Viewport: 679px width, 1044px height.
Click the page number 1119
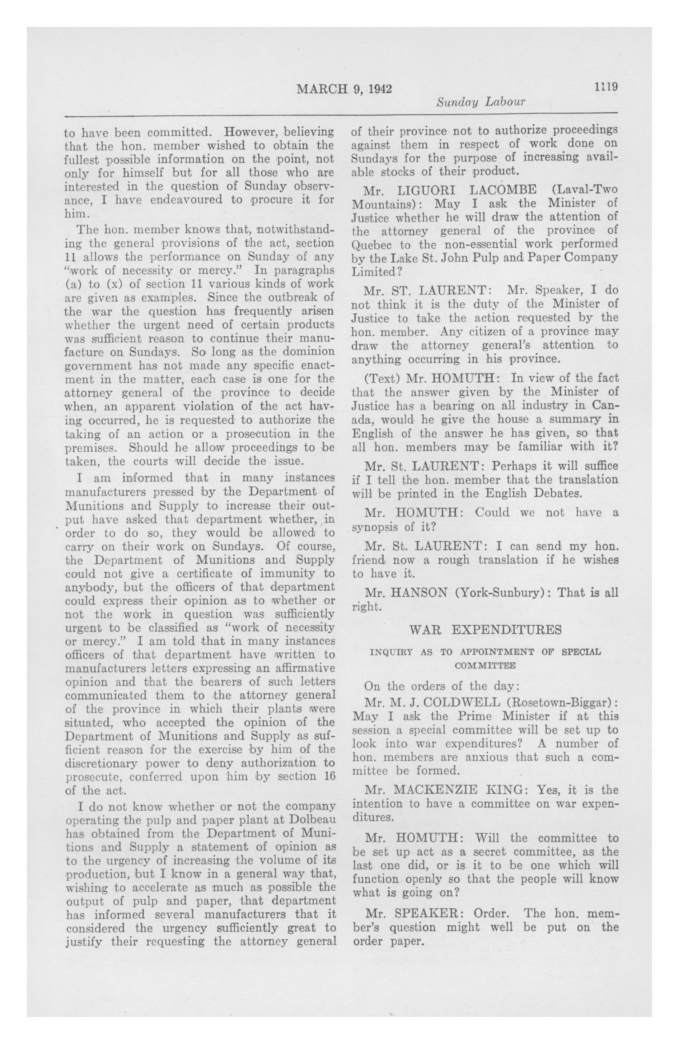point(606,87)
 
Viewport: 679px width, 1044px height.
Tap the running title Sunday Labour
point(480,103)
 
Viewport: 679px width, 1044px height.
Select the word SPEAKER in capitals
point(424,914)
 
